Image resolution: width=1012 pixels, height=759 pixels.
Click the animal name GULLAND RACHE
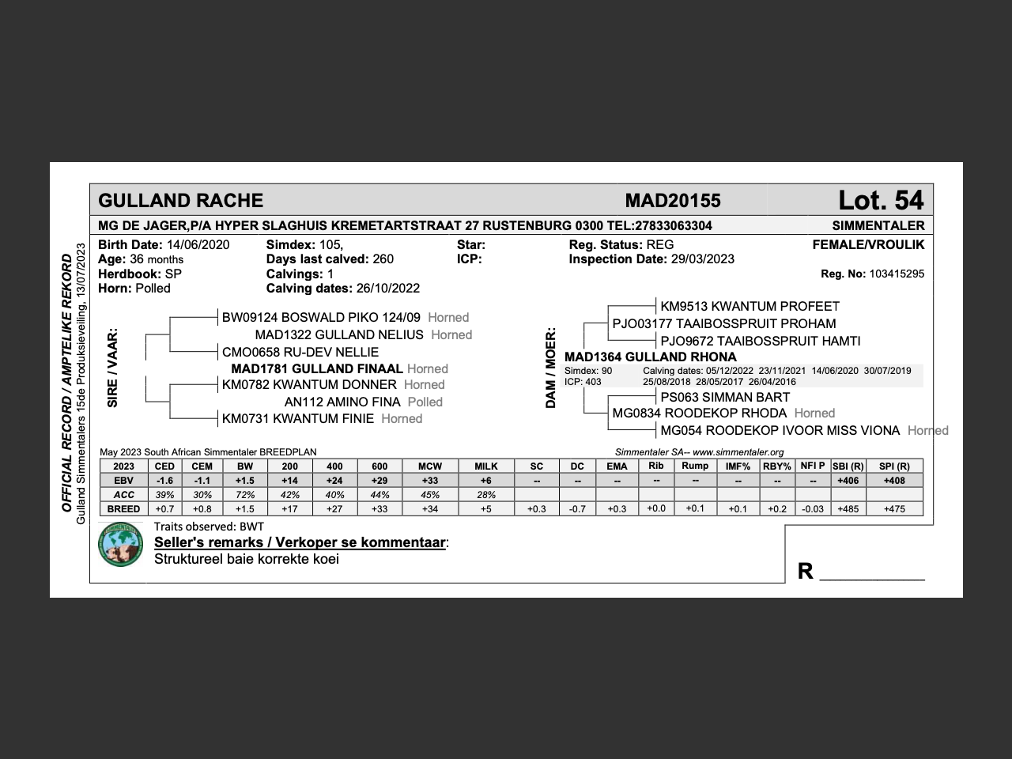point(180,201)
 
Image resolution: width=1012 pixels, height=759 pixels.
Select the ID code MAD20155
point(672,201)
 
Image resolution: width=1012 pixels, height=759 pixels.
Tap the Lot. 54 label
point(880,200)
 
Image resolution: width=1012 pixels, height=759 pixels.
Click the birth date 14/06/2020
point(198,245)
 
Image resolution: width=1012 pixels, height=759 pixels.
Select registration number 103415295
point(896,274)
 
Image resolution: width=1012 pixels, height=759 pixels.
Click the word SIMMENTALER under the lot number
point(878,226)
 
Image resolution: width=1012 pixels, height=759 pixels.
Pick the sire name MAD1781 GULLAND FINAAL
point(316,369)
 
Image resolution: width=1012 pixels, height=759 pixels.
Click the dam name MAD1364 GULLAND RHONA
point(650,357)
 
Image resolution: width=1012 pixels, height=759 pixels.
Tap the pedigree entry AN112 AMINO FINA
point(342,402)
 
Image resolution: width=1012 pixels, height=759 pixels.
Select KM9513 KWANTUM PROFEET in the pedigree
point(750,307)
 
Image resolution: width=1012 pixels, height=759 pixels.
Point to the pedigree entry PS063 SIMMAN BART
point(725,398)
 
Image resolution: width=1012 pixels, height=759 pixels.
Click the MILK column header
point(485,466)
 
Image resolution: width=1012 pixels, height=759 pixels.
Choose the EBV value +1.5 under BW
point(245,481)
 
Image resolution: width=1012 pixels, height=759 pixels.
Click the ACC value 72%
point(245,495)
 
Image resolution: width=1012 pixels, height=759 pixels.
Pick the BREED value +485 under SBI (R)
point(847,509)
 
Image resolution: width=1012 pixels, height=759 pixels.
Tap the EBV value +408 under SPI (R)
point(893,481)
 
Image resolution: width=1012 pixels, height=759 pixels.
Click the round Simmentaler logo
point(120,545)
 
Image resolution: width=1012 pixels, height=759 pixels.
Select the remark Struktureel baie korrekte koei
point(246,560)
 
